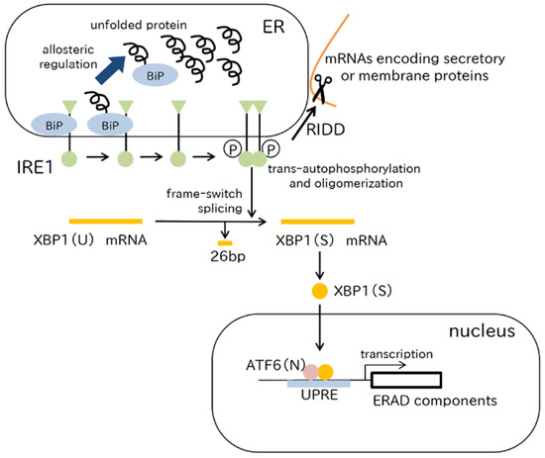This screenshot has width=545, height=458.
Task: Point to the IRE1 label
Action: click(27, 157)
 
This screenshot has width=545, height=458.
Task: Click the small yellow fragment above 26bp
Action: click(226, 241)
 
